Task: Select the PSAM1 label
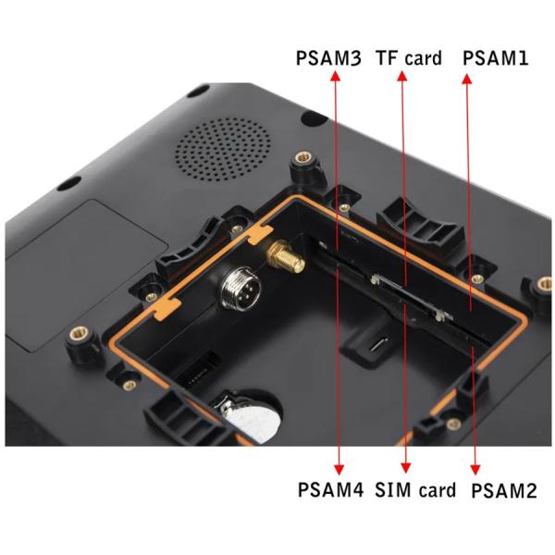495,57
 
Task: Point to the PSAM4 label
331,489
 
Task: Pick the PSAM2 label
503,490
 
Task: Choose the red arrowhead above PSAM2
476,468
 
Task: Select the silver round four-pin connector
237,294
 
